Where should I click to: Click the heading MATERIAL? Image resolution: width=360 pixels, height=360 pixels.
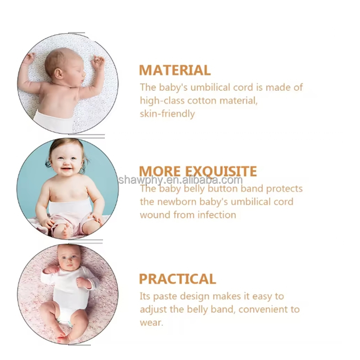175,70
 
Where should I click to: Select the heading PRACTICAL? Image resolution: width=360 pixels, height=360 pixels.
177,279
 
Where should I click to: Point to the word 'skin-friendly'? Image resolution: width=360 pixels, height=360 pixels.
167,114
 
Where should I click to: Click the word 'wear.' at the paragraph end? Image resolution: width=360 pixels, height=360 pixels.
152,323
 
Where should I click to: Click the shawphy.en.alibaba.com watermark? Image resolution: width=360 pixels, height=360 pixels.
180,180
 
